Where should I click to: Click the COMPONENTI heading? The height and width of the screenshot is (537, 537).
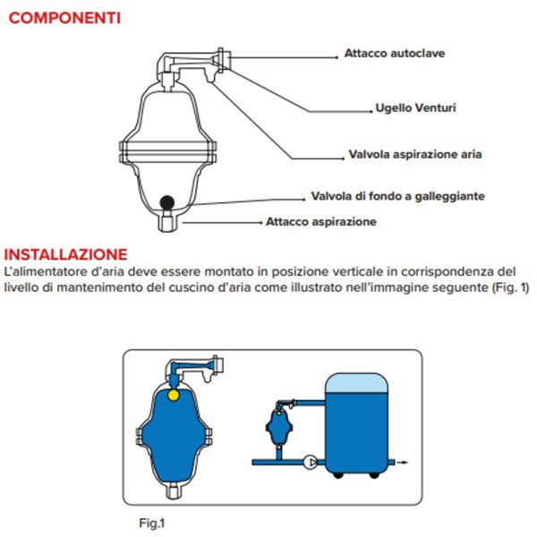[x=64, y=18]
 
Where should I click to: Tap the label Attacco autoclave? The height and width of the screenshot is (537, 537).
[x=395, y=54]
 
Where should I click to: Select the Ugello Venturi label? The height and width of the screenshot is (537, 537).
[x=416, y=108]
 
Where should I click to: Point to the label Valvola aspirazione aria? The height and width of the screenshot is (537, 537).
[x=415, y=155]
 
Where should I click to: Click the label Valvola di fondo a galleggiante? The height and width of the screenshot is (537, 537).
[x=398, y=196]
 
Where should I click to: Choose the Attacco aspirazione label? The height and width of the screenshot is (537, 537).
[x=321, y=222]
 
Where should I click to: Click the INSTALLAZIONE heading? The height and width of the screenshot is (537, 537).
[x=65, y=254]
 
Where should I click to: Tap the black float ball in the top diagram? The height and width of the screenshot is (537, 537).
[x=167, y=202]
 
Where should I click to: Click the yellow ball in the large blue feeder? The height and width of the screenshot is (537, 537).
[x=174, y=396]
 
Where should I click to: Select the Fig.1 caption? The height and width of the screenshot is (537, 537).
[x=152, y=523]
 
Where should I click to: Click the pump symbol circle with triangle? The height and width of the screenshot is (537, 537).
[x=311, y=463]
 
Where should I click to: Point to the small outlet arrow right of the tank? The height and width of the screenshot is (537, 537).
[x=404, y=463]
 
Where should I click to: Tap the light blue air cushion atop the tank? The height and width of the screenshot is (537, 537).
[x=356, y=383]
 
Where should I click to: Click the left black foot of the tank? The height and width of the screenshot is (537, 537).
[x=338, y=475]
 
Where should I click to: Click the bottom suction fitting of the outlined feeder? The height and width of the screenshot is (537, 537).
[x=167, y=222]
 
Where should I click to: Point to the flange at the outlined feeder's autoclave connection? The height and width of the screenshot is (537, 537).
[x=224, y=60]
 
